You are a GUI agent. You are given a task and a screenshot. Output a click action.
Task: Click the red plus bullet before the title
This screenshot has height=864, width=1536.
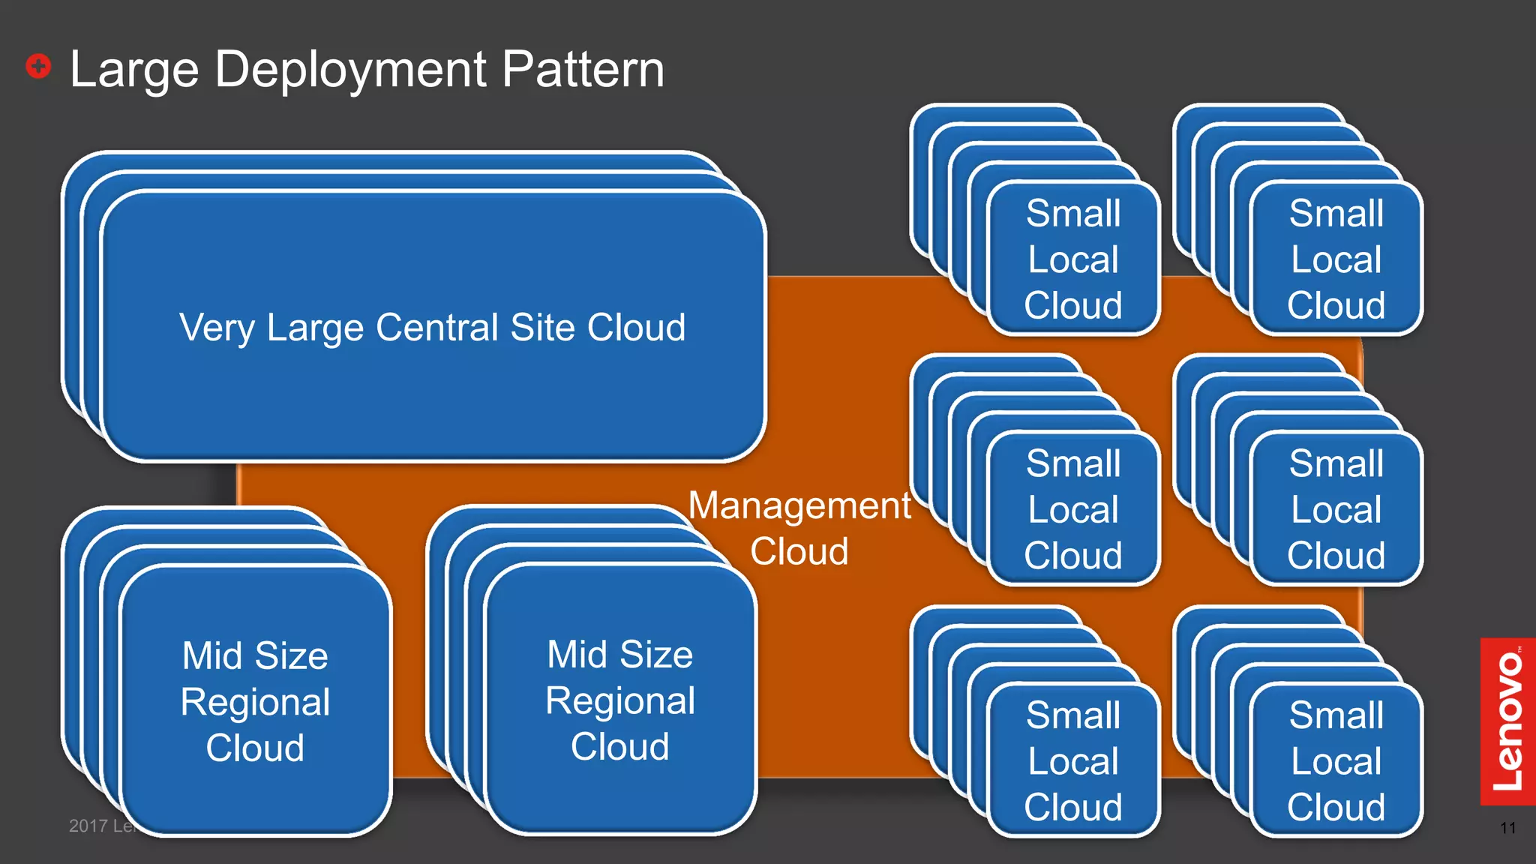click(x=38, y=66)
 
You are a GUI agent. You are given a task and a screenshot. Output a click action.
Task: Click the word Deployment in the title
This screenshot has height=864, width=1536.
click(x=350, y=70)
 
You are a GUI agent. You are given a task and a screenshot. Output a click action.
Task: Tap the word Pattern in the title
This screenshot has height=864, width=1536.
click(x=583, y=70)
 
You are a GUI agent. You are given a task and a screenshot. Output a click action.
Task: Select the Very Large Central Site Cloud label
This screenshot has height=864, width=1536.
click(x=433, y=328)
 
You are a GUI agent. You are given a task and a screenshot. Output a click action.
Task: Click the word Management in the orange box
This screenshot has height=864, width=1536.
click(x=799, y=505)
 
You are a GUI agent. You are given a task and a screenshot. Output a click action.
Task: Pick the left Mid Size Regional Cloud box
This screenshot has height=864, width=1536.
click(x=255, y=701)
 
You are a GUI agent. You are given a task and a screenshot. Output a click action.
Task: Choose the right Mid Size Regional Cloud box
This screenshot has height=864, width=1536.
click(x=620, y=700)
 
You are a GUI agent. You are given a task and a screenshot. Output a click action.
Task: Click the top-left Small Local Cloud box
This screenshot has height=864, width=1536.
click(x=1073, y=259)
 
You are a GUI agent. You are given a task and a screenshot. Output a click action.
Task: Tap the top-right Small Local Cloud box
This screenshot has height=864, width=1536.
click(x=1336, y=259)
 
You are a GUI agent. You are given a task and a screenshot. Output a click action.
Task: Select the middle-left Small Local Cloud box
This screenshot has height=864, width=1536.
click(x=1073, y=509)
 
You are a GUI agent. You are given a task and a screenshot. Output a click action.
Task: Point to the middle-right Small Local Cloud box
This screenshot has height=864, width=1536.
click(x=1336, y=509)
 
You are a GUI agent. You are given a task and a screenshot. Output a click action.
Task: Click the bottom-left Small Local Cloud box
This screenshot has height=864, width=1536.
click(x=1073, y=760)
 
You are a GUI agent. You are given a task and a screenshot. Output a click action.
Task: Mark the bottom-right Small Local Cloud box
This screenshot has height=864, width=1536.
click(x=1336, y=760)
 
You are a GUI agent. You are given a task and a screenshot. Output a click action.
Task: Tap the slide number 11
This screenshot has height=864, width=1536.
click(x=1507, y=828)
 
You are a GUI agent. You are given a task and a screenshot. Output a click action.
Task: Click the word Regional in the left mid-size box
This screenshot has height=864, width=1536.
click(x=255, y=702)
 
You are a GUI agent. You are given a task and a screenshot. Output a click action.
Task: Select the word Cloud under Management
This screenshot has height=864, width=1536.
click(x=799, y=551)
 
